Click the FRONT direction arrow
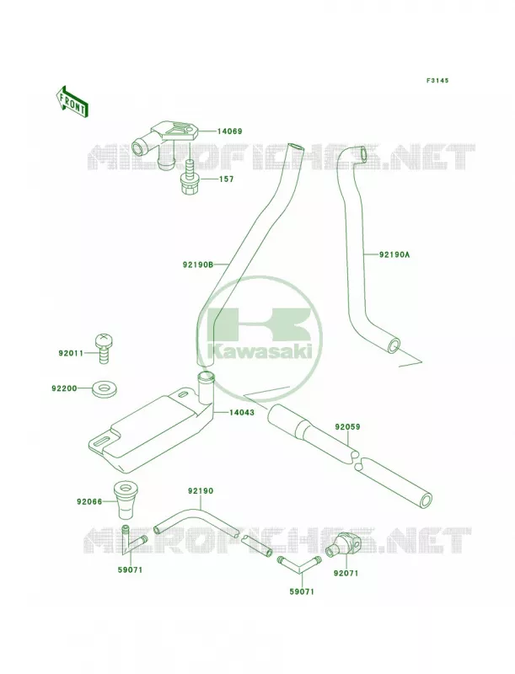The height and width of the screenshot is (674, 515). [x=72, y=101]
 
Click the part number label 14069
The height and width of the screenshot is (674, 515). [x=229, y=131]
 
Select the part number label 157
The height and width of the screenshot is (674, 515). [x=226, y=179]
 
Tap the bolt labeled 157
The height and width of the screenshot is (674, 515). [x=189, y=178]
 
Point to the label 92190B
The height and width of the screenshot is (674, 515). [x=198, y=265]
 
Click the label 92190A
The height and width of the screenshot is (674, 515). [x=394, y=254]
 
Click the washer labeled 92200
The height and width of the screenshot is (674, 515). [x=99, y=389]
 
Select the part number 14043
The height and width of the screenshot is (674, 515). [x=242, y=412]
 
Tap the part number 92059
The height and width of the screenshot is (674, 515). [x=348, y=427]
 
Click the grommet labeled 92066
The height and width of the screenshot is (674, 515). [x=124, y=500]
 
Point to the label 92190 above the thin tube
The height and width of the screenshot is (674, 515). [x=201, y=490]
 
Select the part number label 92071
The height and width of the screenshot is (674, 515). [x=346, y=573]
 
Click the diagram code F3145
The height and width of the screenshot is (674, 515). [x=437, y=80]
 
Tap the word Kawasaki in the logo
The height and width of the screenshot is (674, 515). [x=260, y=351]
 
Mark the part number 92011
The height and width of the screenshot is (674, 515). [x=71, y=353]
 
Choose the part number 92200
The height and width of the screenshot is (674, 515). [x=64, y=388]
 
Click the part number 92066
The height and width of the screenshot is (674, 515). [x=89, y=501]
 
